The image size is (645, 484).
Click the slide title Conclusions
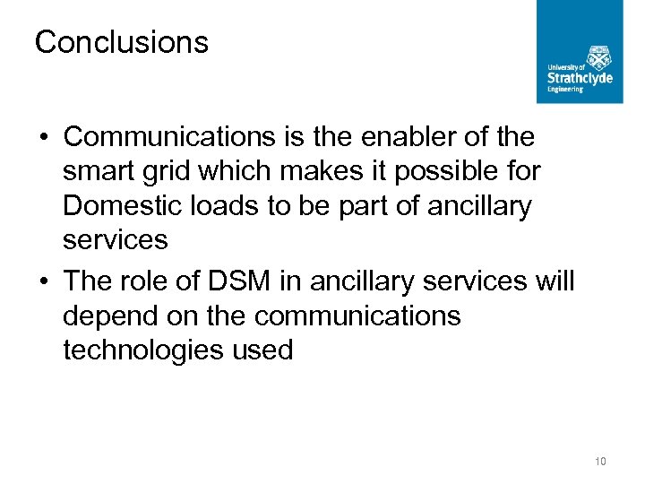(x=121, y=42)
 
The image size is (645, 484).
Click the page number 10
(x=600, y=462)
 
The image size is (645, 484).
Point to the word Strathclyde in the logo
(x=580, y=78)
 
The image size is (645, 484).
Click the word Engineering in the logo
(x=565, y=89)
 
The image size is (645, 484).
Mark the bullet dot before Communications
(x=43, y=138)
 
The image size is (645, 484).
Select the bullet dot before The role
(x=43, y=282)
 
